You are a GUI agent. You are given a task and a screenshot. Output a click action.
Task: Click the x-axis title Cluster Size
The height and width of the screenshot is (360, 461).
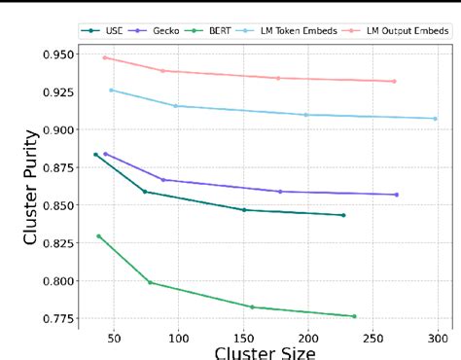264,351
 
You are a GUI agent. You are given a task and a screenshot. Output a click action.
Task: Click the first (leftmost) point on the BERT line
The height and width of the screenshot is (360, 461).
98,235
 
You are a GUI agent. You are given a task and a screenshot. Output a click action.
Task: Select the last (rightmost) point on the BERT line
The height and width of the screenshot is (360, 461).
354,316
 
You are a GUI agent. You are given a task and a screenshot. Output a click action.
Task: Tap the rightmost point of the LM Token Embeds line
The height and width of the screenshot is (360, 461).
435,119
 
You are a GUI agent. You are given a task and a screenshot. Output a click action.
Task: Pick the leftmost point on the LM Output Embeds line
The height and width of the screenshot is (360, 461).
104,57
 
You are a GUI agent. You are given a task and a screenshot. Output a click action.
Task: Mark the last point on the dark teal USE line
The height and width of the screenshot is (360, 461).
343,215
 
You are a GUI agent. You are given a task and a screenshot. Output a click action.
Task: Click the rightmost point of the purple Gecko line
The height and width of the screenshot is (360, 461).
397,195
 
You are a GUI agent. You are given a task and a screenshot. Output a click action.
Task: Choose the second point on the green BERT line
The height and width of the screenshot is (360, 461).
150,282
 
